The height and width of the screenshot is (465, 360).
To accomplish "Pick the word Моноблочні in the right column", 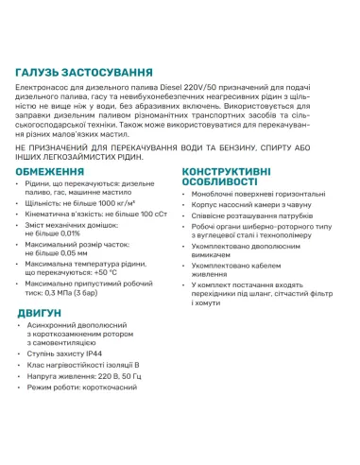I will [x=217, y=193].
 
